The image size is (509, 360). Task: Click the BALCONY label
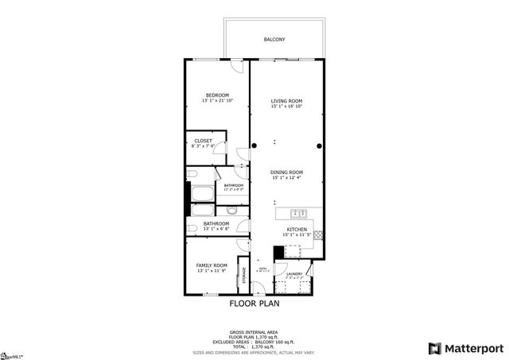(x=274, y=39)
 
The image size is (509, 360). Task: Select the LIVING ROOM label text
(x=286, y=101)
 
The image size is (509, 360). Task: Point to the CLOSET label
(x=203, y=141)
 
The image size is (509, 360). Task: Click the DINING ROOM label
(x=286, y=172)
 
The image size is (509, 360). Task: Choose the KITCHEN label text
(x=297, y=230)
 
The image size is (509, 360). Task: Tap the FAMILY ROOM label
(x=212, y=265)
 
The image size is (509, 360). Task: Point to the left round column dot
(x=254, y=145)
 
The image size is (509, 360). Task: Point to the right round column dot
(x=319, y=145)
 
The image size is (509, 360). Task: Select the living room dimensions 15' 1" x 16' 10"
(x=286, y=106)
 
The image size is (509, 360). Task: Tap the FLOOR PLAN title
(x=254, y=303)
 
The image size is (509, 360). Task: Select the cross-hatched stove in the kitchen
(x=319, y=235)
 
